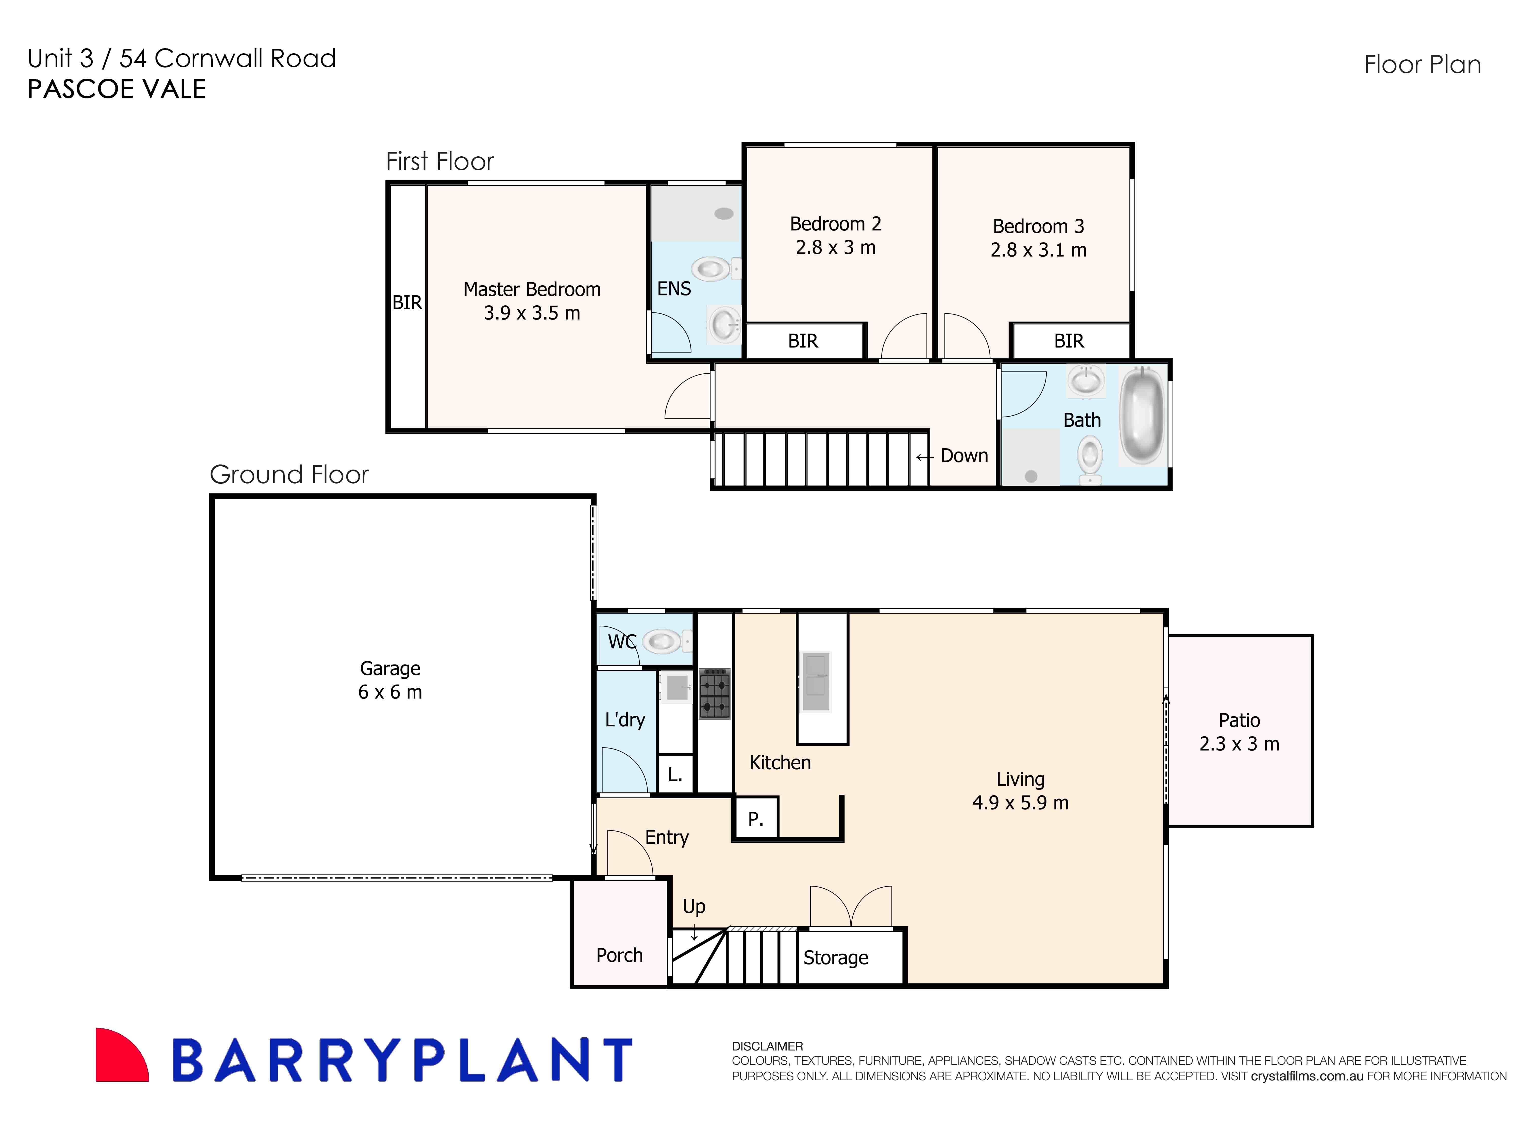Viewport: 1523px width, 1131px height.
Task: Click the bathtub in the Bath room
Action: (1141, 415)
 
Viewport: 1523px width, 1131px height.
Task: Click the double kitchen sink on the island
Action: (816, 682)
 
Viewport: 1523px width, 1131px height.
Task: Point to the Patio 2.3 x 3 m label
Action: (1239, 732)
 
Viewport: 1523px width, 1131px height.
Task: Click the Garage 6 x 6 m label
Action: (390, 680)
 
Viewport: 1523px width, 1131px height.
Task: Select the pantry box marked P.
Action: (755, 819)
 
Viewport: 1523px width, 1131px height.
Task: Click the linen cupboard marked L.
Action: (675, 774)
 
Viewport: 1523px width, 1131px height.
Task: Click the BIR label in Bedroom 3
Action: (1069, 341)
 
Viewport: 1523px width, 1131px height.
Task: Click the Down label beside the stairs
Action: (964, 456)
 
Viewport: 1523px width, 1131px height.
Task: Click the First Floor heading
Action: (439, 162)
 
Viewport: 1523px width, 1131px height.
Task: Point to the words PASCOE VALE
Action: (116, 89)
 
